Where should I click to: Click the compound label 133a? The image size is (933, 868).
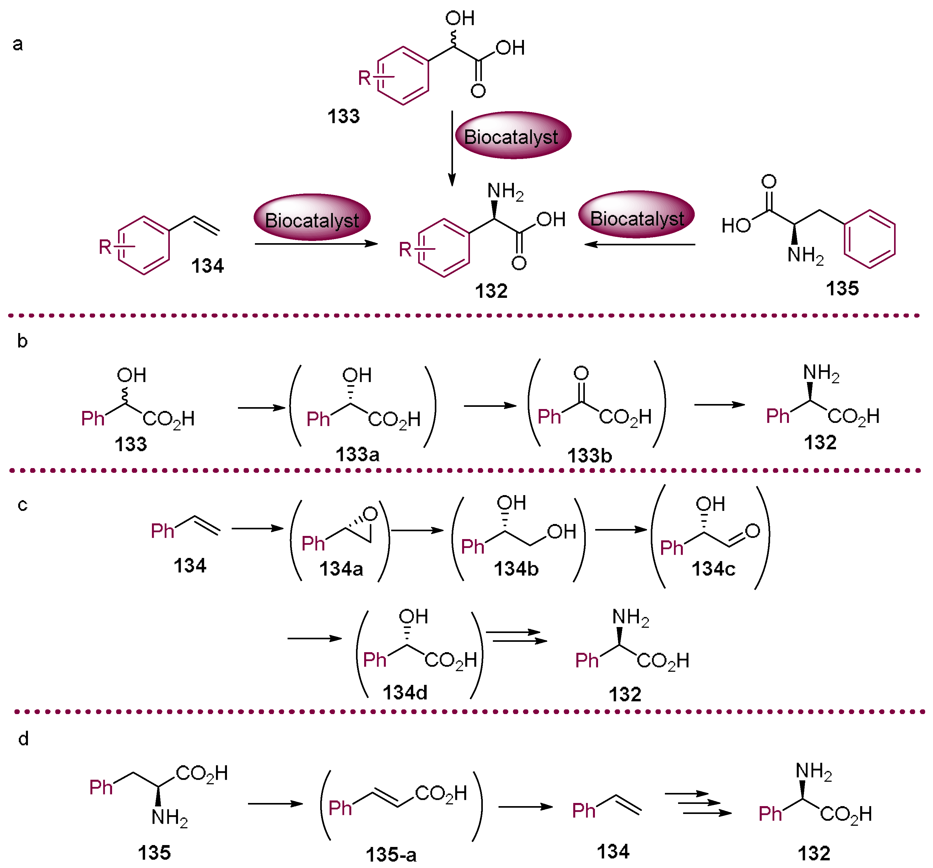pos(357,455)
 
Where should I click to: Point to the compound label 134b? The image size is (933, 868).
pos(516,569)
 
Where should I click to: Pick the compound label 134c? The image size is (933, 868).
pos(713,569)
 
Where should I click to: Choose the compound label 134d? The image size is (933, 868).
pos(405,692)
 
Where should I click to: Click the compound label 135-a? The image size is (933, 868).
pos(391,854)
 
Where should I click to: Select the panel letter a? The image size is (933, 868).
pos(18,44)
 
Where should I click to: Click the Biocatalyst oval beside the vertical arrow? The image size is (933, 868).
pos(513,136)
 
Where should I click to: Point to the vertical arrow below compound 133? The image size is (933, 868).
pos(452,148)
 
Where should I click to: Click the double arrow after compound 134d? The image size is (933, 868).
pos(516,636)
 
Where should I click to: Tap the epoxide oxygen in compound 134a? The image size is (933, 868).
pos(370,514)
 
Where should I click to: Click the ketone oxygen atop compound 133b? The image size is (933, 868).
pos(581,374)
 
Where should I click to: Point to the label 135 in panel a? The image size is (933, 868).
pos(842,288)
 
